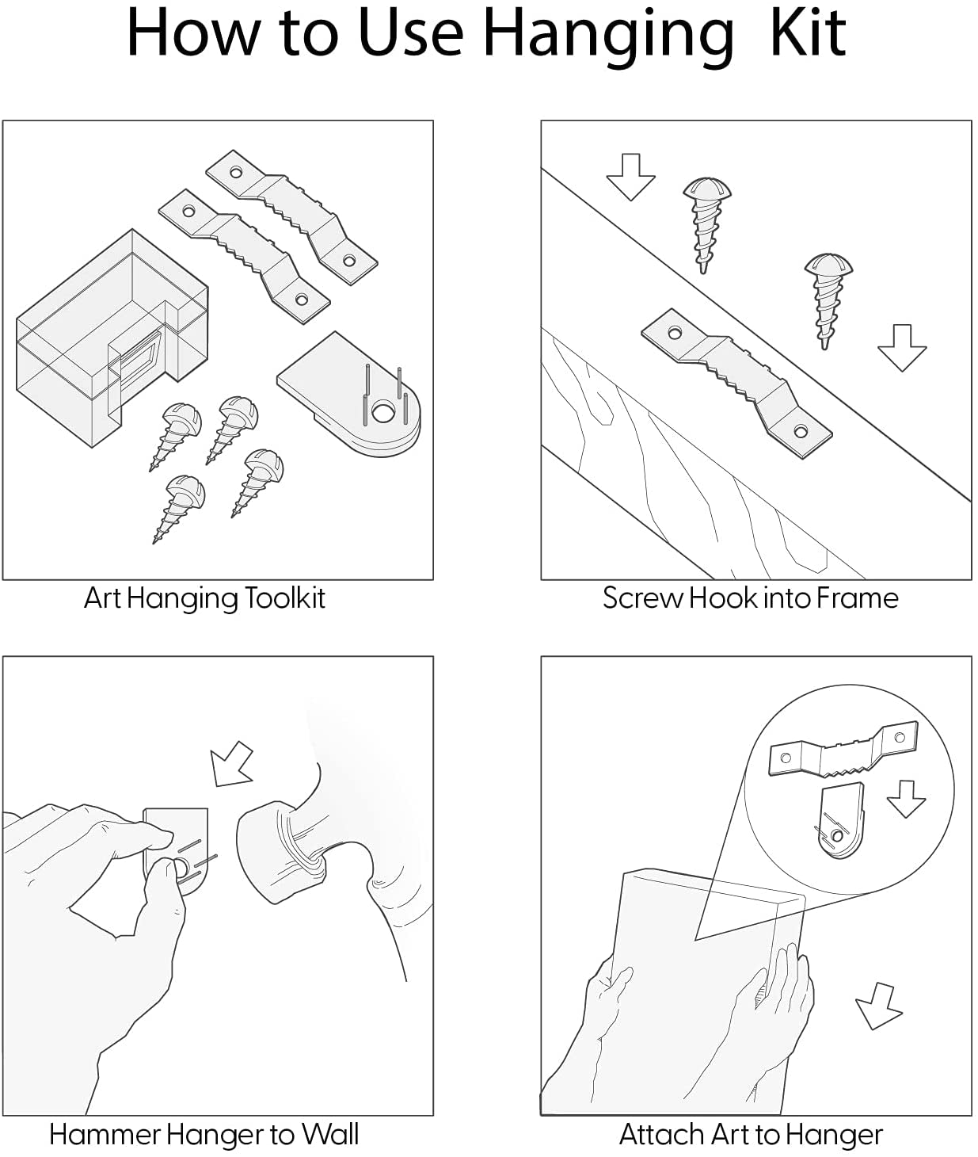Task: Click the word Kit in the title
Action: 808,33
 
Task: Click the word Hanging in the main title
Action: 608,38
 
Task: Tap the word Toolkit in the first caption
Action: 280,598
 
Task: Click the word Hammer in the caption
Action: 105,1134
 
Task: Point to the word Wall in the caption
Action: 330,1134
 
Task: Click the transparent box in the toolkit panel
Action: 112,338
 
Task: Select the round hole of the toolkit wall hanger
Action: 382,413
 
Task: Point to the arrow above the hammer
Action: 230,763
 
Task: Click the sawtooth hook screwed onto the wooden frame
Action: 736,383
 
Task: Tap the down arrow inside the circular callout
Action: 905,800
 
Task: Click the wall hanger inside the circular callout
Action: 839,823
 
